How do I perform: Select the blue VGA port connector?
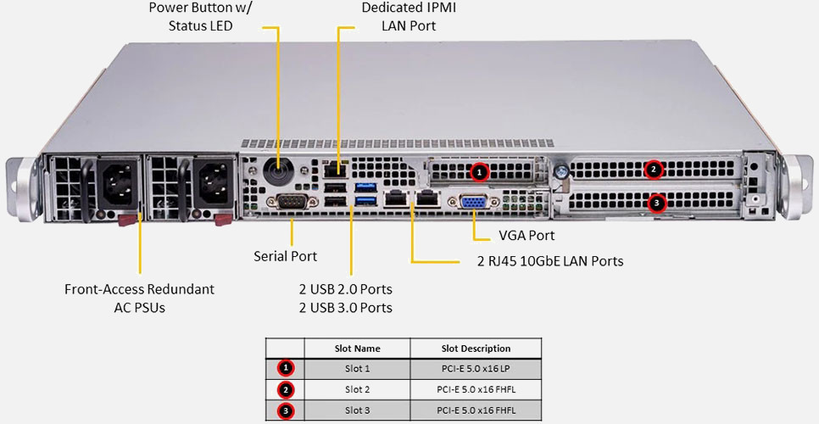[x=473, y=203]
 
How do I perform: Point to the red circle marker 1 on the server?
[x=480, y=172]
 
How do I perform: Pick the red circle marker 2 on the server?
[x=653, y=170]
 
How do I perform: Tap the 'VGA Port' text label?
[x=514, y=235]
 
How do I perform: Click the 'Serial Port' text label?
[x=286, y=255]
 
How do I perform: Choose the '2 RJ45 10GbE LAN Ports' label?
[x=550, y=261]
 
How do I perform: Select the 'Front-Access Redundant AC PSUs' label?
[x=139, y=298]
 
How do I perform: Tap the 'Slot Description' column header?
[x=476, y=349]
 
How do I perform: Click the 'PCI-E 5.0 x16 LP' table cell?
[x=476, y=370]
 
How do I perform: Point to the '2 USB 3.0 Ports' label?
[x=345, y=308]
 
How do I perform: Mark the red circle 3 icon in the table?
[x=286, y=411]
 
